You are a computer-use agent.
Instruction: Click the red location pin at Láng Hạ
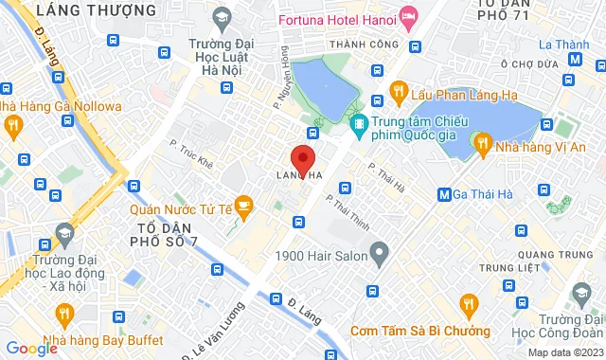(302, 157)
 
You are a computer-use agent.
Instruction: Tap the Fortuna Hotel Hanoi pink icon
(409, 17)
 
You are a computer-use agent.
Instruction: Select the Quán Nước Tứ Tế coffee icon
(243, 205)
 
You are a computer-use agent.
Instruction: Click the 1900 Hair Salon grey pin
(380, 254)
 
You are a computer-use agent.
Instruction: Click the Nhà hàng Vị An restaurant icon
(483, 145)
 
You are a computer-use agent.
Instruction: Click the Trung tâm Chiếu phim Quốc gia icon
(360, 123)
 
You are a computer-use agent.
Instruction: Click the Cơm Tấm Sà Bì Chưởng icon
(466, 304)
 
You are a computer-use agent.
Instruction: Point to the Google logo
(31, 349)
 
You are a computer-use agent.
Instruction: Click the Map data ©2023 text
(564, 352)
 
